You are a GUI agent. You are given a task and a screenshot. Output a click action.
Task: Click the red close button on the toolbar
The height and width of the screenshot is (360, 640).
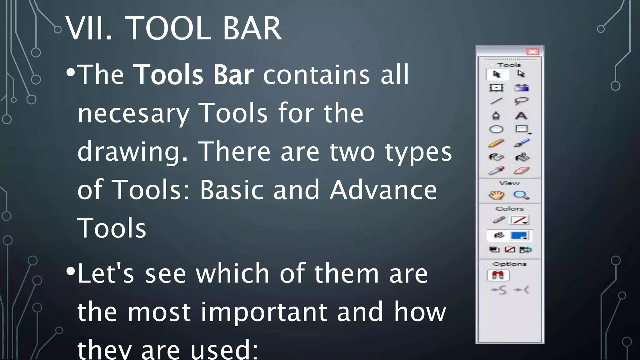pyautogui.click(x=532, y=52)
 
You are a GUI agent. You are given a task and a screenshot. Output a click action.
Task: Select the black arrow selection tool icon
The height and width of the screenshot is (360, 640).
pyautogui.click(x=497, y=74)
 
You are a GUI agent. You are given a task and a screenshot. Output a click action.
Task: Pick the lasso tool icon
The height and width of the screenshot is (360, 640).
pyautogui.click(x=521, y=101)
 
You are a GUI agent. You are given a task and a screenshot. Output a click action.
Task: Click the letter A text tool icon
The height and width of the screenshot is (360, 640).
pyautogui.click(x=521, y=116)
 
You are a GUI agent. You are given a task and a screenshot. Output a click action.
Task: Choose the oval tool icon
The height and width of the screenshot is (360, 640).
pyautogui.click(x=496, y=129)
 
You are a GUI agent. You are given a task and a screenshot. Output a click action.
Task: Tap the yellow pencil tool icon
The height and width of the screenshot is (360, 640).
pyautogui.click(x=496, y=143)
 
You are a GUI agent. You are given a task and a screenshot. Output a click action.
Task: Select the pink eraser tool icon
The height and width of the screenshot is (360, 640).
pyautogui.click(x=521, y=171)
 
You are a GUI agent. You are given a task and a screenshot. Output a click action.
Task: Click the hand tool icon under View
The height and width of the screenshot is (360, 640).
pyautogui.click(x=496, y=195)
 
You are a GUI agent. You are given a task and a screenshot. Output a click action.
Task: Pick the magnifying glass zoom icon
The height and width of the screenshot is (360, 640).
pyautogui.click(x=521, y=195)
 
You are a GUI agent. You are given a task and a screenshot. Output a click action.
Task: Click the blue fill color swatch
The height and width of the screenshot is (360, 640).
pyautogui.click(x=519, y=235)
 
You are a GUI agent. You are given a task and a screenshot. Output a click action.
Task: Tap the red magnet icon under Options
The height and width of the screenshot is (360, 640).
pyautogui.click(x=498, y=275)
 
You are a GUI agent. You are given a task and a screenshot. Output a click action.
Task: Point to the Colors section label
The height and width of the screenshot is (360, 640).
pyautogui.click(x=509, y=208)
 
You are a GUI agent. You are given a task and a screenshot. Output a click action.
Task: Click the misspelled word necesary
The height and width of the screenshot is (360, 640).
pyautogui.click(x=133, y=113)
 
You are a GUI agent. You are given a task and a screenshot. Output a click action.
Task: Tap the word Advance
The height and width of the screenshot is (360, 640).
pyautogui.click(x=383, y=190)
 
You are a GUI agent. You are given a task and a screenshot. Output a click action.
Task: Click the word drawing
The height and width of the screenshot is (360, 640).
pyautogui.click(x=132, y=152)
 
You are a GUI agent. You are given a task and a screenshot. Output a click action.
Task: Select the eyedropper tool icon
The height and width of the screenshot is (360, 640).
pyautogui.click(x=496, y=171)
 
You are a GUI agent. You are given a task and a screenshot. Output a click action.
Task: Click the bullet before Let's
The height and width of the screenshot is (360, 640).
pyautogui.click(x=71, y=271)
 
